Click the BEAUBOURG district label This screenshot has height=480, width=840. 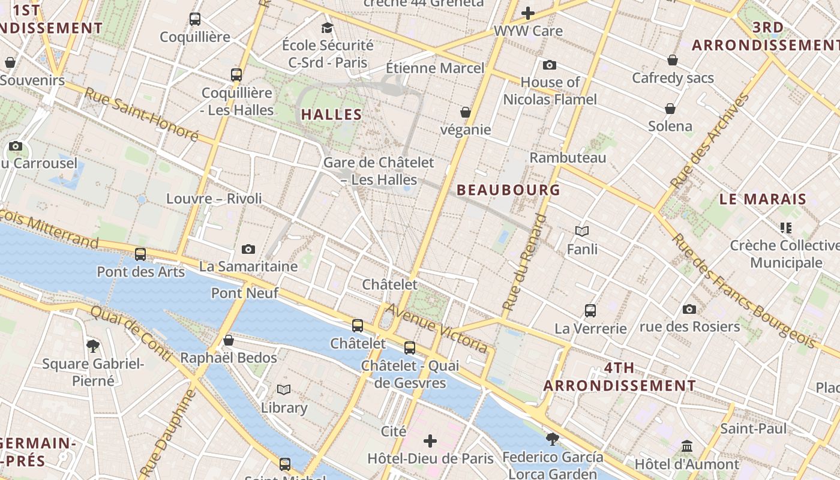tap(508, 190)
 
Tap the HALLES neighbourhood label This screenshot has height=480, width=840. tap(332, 115)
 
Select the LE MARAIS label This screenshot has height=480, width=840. tap(763, 199)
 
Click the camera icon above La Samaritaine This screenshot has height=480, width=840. tap(248, 249)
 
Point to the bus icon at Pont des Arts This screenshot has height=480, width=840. tap(140, 254)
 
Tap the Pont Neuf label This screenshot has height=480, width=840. tap(245, 293)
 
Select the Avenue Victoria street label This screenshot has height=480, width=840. tap(437, 328)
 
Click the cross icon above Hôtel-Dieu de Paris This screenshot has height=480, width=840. tap(430, 442)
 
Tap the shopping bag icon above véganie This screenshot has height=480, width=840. tap(466, 112)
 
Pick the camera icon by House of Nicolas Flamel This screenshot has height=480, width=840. tap(550, 65)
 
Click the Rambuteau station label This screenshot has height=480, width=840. tap(568, 158)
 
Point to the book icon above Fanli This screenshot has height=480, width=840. tap(582, 231)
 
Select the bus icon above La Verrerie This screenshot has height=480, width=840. tap(590, 311)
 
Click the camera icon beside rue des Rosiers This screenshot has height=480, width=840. tap(689, 310)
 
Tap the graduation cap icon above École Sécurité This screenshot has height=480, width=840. tap(327, 28)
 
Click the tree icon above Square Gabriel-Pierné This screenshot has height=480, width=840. tap(93, 346)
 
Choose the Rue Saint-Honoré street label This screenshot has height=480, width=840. tap(141, 115)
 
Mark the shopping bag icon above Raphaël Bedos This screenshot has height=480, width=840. tap(229, 341)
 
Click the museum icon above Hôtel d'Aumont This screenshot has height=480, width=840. tap(687, 446)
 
